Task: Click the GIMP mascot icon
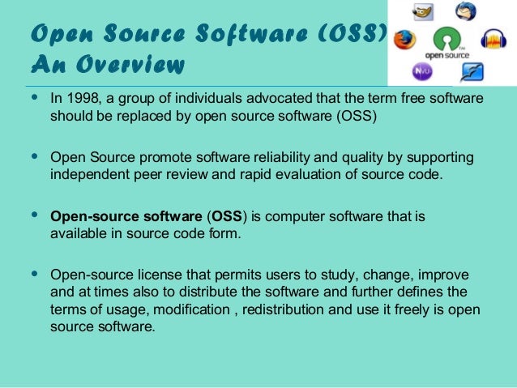click(x=424, y=11)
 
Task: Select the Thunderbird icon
click(x=465, y=11)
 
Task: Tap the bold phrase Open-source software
click(x=126, y=217)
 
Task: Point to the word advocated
click(x=270, y=99)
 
